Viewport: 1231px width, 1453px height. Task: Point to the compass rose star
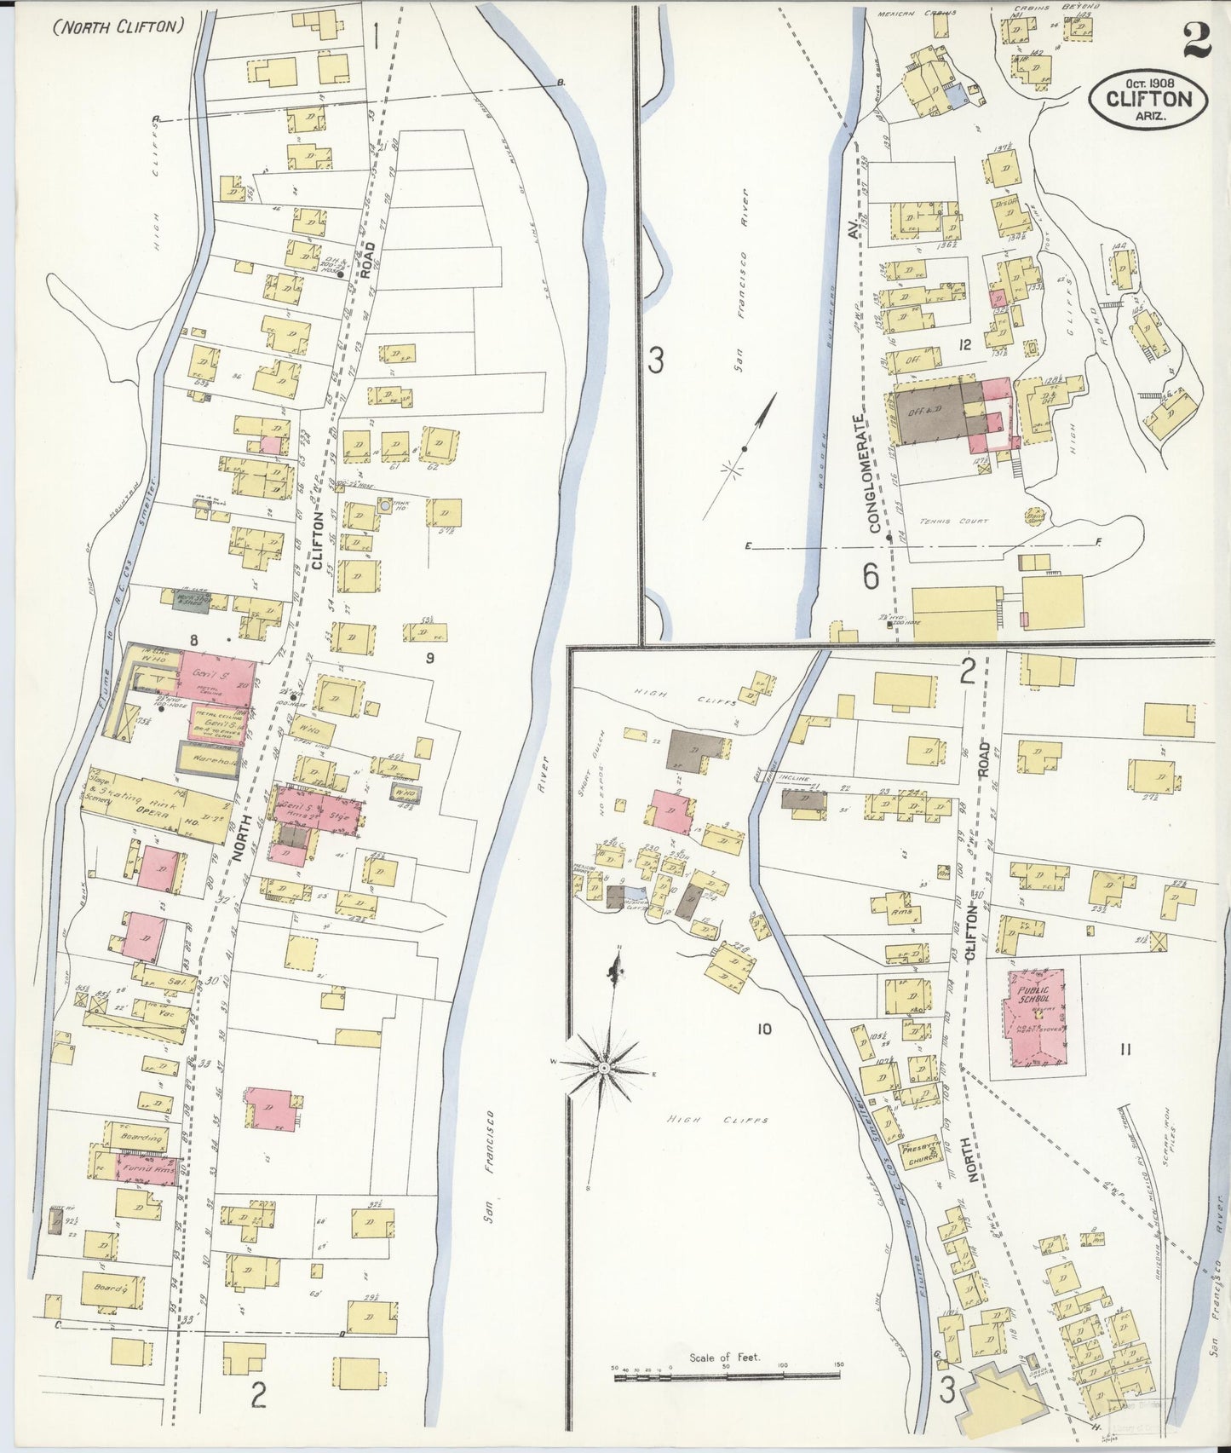click(603, 1067)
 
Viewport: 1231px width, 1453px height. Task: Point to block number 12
click(964, 345)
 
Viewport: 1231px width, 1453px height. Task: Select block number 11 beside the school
click(1125, 1049)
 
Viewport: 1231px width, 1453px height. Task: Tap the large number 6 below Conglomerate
click(871, 577)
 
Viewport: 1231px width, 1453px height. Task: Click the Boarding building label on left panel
click(141, 1138)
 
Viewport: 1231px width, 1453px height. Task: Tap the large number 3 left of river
click(654, 360)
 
